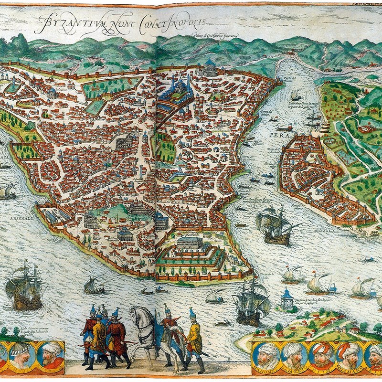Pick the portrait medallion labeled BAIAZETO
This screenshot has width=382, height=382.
(292, 356)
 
